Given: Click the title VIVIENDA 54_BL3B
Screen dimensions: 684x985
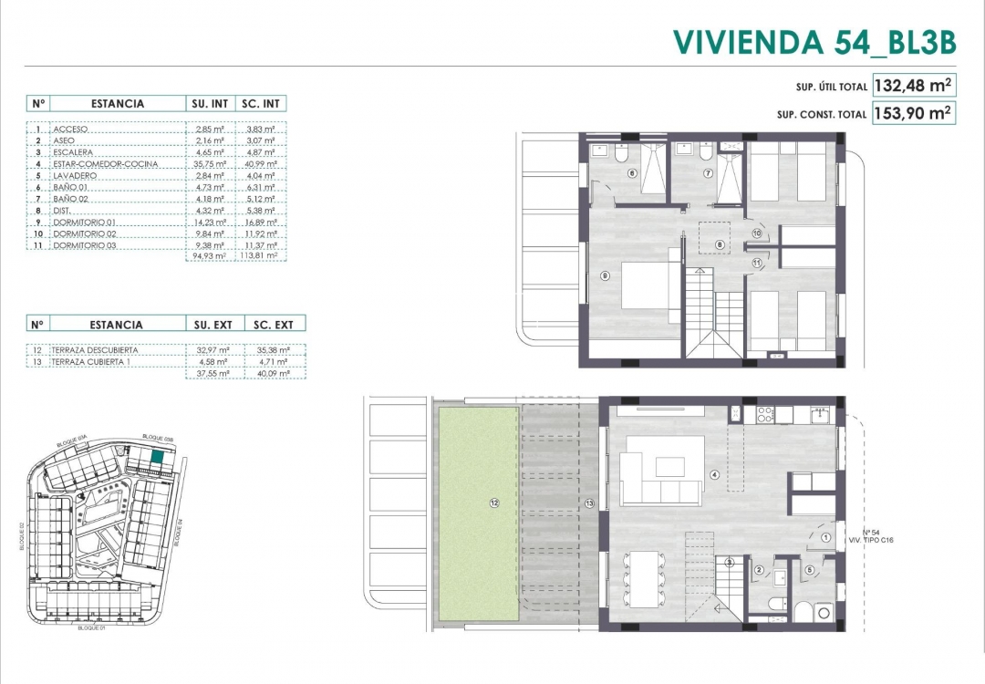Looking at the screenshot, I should (x=814, y=41).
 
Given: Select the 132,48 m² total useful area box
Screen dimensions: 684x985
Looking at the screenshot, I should (x=913, y=86).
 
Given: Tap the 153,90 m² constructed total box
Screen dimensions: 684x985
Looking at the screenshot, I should (x=913, y=114).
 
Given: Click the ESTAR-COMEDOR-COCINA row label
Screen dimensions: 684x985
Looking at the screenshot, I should (x=105, y=164).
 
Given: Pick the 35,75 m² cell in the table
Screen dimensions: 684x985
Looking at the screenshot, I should (x=210, y=164).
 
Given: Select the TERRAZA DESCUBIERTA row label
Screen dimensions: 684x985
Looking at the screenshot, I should (x=96, y=350).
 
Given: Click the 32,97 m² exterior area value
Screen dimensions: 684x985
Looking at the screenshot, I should (x=210, y=350).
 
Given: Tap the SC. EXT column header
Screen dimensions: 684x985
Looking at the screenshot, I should (x=271, y=324).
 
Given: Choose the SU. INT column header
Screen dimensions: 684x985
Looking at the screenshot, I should (x=210, y=104).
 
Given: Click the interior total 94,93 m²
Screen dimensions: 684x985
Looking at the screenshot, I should (x=210, y=257).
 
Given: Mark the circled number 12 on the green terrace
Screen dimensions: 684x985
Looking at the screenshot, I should (x=494, y=503).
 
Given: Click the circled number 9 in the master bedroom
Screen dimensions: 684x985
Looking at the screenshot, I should (x=604, y=275).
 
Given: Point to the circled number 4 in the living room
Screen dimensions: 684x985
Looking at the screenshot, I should (x=715, y=474).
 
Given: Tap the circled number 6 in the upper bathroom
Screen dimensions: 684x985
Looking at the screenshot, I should (x=631, y=173).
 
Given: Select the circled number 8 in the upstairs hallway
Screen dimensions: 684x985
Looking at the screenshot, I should (x=720, y=244).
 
